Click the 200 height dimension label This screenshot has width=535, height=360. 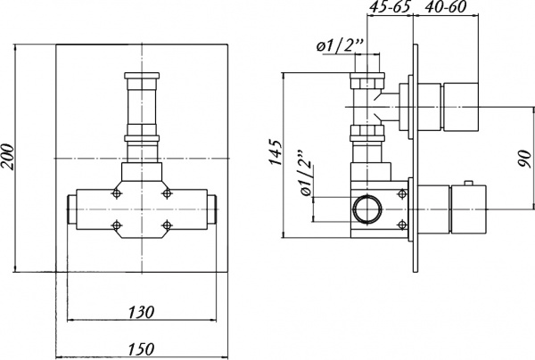pos(8,157)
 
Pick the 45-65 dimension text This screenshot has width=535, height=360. pos(388,10)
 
